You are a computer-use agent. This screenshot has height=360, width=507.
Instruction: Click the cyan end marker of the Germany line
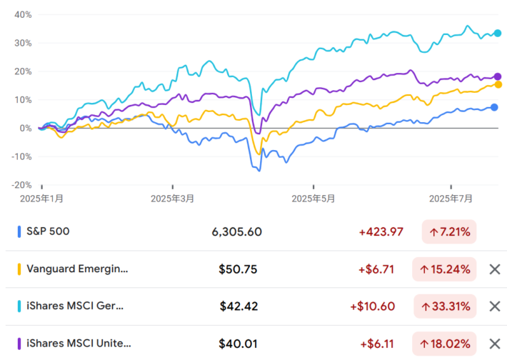(498, 33)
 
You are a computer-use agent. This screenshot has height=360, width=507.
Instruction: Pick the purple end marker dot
(498, 76)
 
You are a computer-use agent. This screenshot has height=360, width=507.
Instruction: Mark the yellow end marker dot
(498, 84)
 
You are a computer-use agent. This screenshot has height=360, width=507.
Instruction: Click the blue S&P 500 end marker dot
(494, 107)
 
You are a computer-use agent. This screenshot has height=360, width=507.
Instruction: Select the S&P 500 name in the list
(48, 231)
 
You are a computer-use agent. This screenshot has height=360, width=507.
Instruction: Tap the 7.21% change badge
(449, 231)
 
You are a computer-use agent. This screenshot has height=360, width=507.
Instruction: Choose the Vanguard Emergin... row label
(77, 269)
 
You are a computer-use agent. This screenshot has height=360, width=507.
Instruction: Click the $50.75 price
(238, 269)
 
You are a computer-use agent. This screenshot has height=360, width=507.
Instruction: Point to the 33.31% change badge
(444, 306)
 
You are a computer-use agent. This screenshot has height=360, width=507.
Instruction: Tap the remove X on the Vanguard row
(494, 269)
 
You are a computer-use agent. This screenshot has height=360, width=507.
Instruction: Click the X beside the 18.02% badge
(494, 344)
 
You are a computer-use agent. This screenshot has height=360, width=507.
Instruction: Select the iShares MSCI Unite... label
(79, 344)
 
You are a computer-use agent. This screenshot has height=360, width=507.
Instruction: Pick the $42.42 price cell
(238, 306)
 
